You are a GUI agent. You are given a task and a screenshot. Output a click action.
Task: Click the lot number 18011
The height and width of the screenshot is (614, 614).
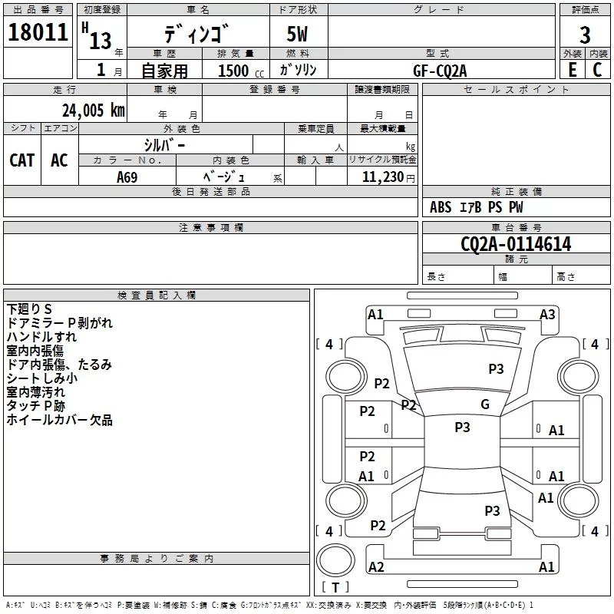click(x=38, y=32)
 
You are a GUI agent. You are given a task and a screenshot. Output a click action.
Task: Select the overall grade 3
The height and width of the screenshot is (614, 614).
click(x=585, y=35)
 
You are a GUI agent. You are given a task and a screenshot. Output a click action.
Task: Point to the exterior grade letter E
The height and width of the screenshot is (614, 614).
click(x=573, y=70)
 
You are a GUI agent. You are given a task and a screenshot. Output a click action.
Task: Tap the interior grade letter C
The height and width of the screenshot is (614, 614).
click(x=597, y=70)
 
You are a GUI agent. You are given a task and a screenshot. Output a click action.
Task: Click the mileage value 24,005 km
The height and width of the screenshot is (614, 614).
click(x=94, y=111)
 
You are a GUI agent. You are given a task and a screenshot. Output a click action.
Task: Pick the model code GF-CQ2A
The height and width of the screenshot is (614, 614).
click(x=440, y=71)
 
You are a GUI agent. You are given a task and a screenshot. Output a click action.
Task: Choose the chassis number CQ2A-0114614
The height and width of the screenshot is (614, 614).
click(x=516, y=244)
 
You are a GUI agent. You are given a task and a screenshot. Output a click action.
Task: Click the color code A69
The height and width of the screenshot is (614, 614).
click(x=127, y=177)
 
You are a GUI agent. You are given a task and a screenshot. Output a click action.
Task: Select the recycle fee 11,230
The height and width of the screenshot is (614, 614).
click(x=382, y=177)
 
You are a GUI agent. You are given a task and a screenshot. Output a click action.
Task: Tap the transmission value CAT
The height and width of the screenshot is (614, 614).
click(x=22, y=160)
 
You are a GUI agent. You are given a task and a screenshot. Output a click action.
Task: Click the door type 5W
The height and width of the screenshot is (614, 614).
click(x=297, y=34)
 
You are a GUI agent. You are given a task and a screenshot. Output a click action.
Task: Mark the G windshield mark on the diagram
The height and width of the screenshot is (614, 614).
click(x=485, y=404)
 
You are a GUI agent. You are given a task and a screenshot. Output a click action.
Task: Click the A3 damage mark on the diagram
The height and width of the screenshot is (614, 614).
click(x=547, y=315)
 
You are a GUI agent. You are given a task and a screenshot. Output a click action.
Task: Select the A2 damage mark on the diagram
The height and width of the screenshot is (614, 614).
click(x=376, y=566)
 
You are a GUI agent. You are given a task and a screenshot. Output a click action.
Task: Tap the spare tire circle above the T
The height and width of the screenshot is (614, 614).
click(x=335, y=560)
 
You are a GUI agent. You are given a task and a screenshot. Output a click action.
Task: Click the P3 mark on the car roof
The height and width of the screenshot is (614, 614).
click(x=462, y=427)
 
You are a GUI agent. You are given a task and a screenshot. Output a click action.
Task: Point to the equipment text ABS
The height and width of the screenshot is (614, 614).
click(x=441, y=207)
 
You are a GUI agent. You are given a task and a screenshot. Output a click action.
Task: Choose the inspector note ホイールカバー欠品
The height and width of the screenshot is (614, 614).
click(x=60, y=420)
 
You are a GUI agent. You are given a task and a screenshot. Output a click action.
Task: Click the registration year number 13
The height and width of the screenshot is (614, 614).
click(x=101, y=41)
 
